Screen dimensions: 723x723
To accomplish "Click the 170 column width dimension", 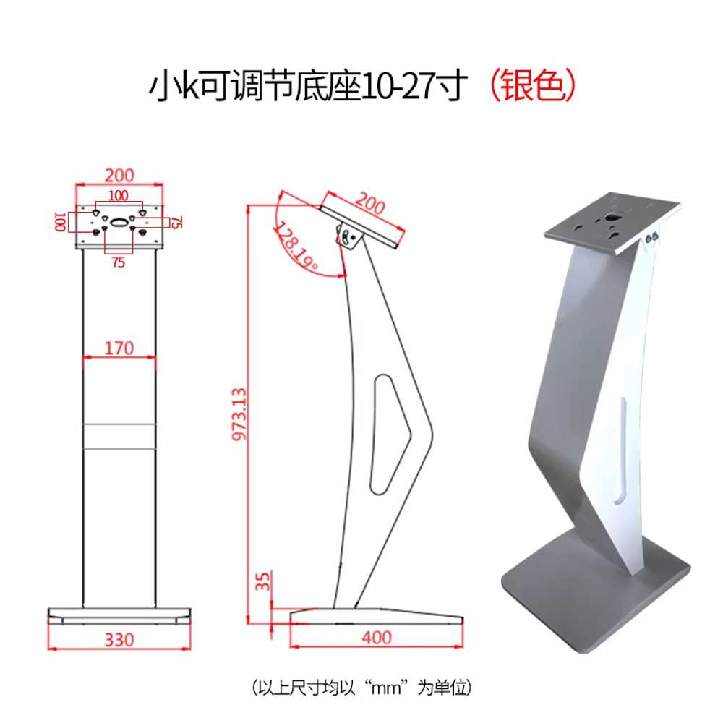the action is click(x=119, y=348).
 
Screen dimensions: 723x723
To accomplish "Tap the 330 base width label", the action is click(x=119, y=640).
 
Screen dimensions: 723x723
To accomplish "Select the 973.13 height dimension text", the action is click(x=239, y=414).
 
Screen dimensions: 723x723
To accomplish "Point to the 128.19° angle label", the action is click(x=296, y=245).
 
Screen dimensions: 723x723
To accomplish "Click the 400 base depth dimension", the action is click(x=377, y=638).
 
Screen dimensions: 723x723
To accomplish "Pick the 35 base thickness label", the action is click(x=262, y=581).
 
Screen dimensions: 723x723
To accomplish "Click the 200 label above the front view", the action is click(x=119, y=176).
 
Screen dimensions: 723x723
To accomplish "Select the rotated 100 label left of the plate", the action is click(x=61, y=222).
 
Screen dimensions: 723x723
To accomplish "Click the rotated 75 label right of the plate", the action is click(x=176, y=222).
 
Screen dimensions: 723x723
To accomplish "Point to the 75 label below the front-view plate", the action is click(x=118, y=262).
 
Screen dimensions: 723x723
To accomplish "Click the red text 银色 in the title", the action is click(x=534, y=86).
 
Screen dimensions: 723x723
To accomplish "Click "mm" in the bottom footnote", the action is click(x=385, y=688).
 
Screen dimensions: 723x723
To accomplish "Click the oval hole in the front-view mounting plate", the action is click(x=119, y=223).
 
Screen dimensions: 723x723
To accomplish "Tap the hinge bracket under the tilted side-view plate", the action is click(x=348, y=236).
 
